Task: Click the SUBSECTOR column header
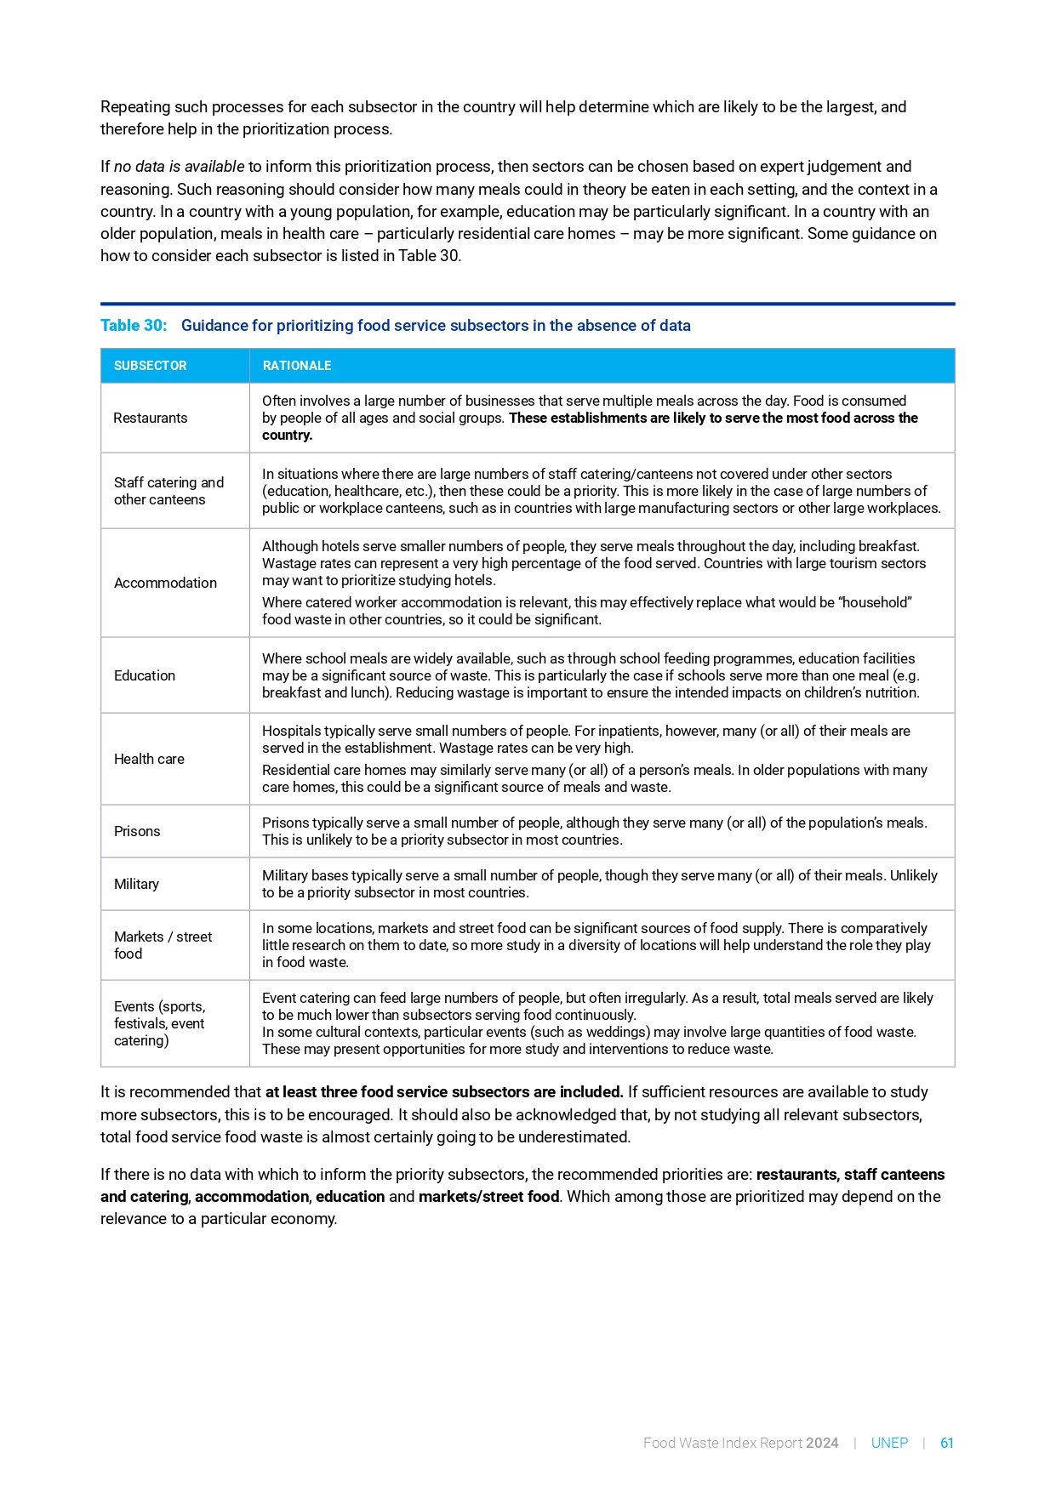[x=150, y=366]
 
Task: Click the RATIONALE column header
[x=297, y=366]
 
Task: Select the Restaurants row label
[x=151, y=418]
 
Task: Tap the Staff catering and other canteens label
[x=168, y=491]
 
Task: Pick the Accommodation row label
[x=165, y=583]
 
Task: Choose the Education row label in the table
[x=145, y=675]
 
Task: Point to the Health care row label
[x=149, y=759]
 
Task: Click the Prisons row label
[x=137, y=831]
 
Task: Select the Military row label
[x=136, y=884]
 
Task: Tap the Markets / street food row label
[x=163, y=945]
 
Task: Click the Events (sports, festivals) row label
[x=159, y=1023]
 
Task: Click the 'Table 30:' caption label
[x=134, y=326]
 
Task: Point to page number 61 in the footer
[x=946, y=1443]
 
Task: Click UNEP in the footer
[x=889, y=1443]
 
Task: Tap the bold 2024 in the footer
[x=822, y=1443]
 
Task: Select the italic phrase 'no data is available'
[x=179, y=167]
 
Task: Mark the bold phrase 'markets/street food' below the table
[x=488, y=1197]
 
